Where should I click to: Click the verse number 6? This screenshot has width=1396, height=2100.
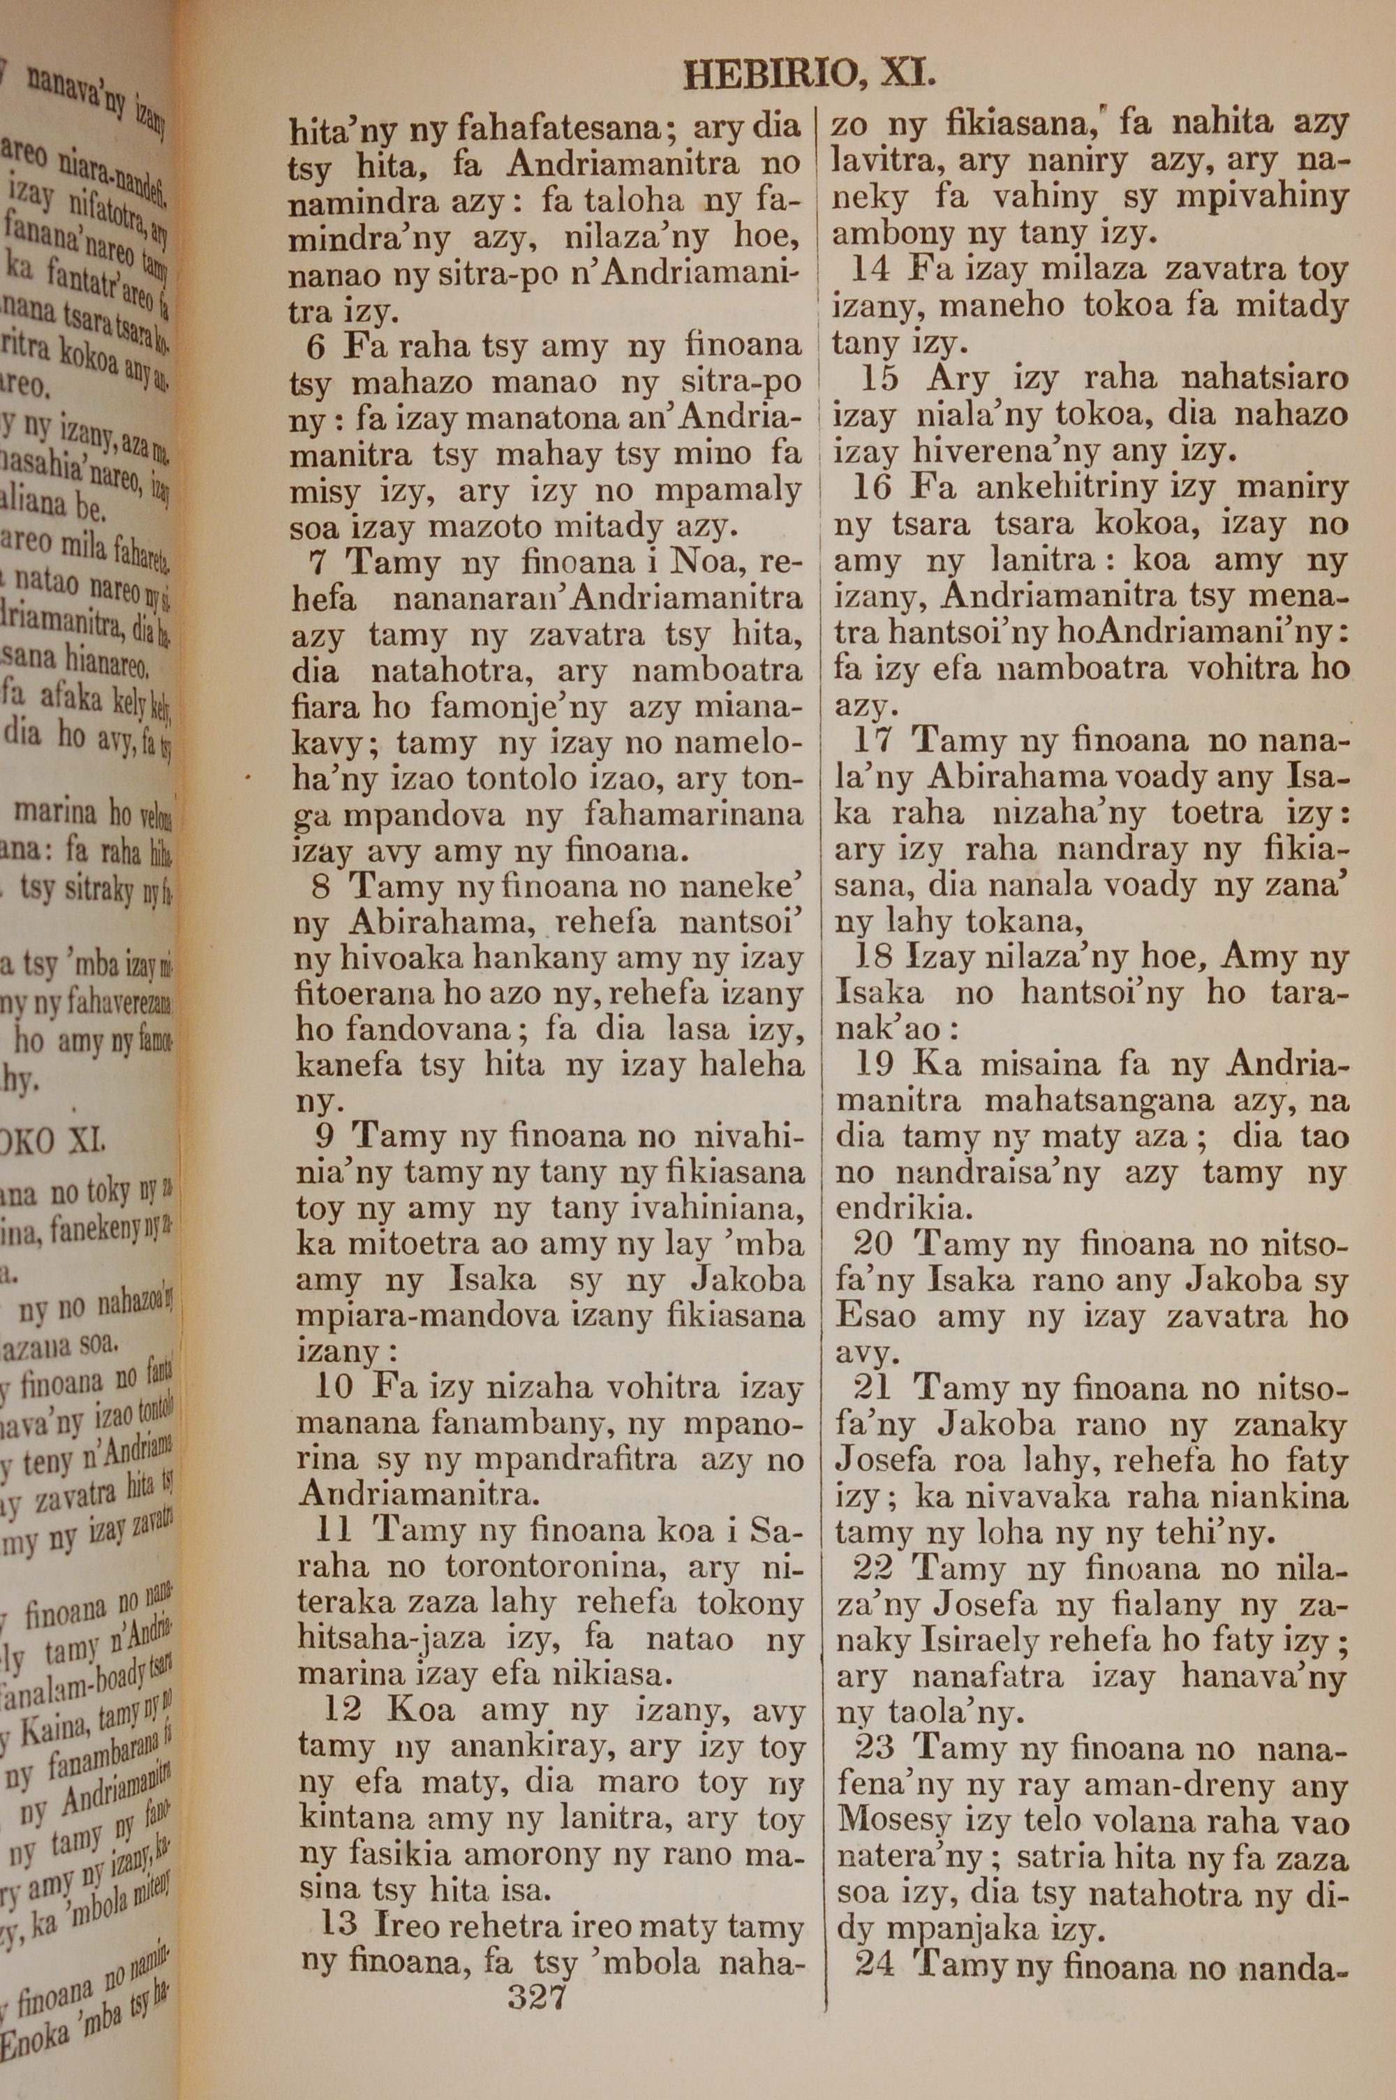tap(317, 347)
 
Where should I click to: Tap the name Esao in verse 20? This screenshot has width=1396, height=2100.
tap(875, 1316)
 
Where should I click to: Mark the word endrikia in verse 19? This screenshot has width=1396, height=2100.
tap(888, 1209)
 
